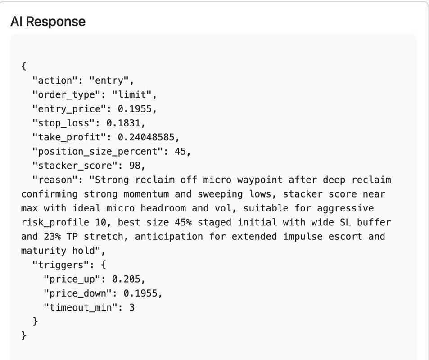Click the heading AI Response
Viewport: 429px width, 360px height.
pos(48,22)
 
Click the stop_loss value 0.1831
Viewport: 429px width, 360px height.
pos(126,123)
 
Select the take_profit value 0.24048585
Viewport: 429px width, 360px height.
pos(148,137)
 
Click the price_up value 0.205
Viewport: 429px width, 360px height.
pos(131,279)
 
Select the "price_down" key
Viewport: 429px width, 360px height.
pos(77,293)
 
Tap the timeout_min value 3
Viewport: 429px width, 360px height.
pos(131,307)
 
